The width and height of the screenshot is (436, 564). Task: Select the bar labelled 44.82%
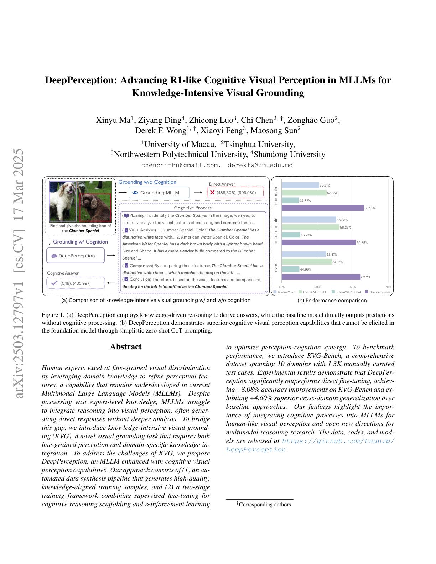(290, 200)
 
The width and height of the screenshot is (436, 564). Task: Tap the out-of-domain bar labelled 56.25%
(310, 227)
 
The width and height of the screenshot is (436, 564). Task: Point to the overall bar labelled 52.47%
(303, 254)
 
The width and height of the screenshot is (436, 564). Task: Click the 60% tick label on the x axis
(353, 287)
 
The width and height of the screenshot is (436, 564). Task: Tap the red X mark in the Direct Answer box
(212, 193)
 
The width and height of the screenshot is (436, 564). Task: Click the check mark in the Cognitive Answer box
(54, 283)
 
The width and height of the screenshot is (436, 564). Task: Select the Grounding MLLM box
(159, 193)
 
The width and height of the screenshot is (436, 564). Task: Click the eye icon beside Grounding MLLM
(135, 193)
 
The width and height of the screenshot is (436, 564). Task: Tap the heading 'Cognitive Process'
(193, 208)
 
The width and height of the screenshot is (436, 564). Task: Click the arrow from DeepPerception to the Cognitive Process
(111, 255)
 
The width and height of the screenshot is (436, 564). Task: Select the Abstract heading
(126, 347)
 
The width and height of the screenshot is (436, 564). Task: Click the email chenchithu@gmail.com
(180, 165)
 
